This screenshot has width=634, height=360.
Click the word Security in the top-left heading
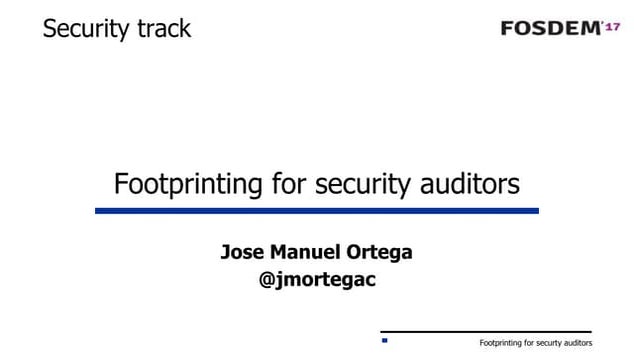pos(83,29)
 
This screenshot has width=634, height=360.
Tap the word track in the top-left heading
pos(160,29)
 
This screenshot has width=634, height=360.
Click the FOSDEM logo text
pos(550,28)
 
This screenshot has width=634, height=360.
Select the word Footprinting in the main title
pos(185,185)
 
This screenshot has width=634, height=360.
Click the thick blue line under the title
pos(317,211)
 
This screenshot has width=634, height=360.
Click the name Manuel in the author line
pos(307,252)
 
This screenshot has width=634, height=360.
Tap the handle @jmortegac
pos(317,281)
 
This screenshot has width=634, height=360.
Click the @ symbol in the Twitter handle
pos(267,281)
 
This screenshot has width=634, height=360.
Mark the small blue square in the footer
pos(384,341)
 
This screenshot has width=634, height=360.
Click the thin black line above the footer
pos(486,331)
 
